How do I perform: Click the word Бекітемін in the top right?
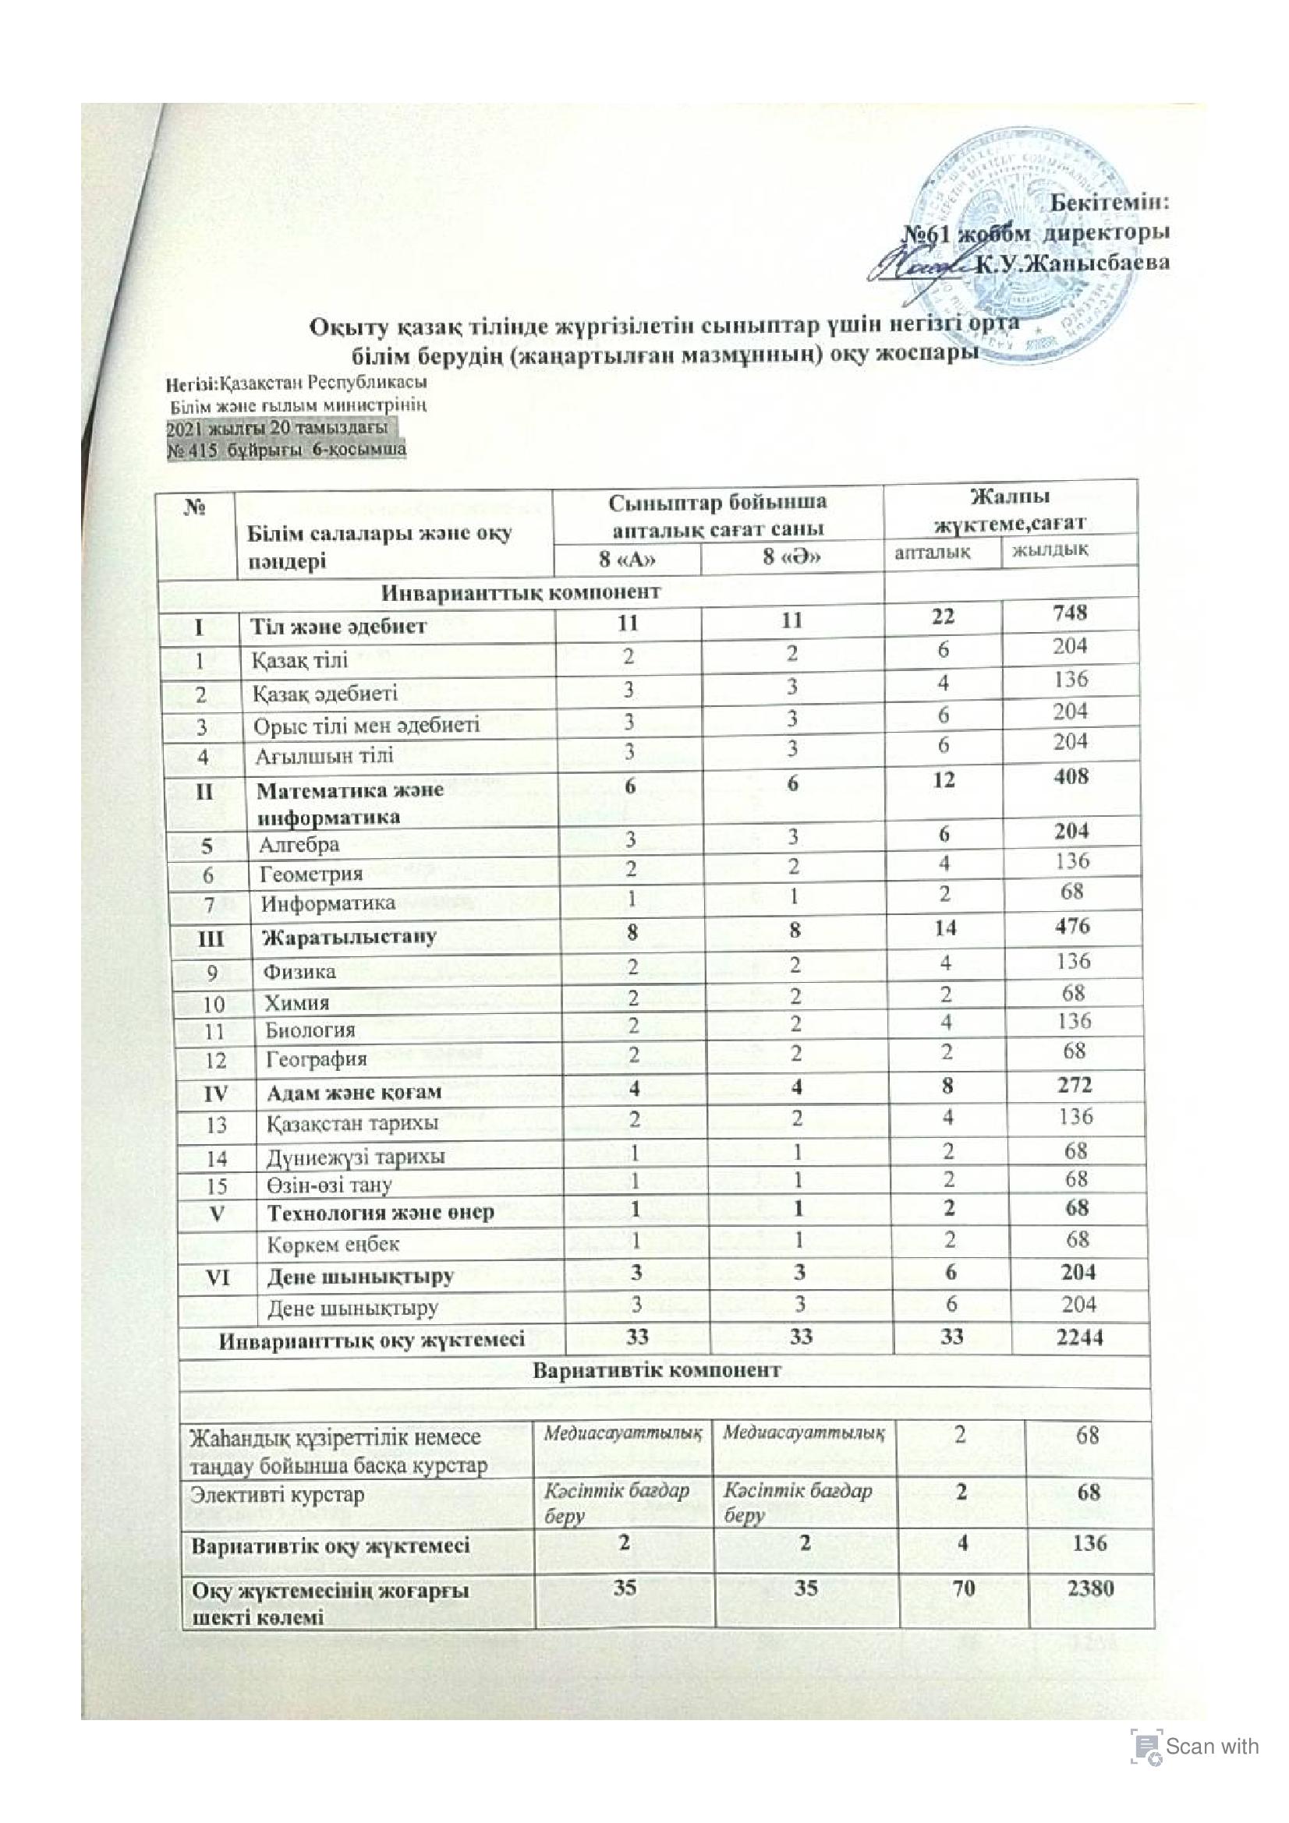click(1110, 202)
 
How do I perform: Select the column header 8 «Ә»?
click(791, 556)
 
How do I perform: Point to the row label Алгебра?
click(299, 845)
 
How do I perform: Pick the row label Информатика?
click(328, 903)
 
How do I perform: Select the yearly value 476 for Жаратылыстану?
click(1073, 926)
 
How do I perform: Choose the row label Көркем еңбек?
click(333, 1245)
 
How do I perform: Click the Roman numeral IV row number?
click(215, 1094)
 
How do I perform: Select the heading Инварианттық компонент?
click(520, 592)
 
